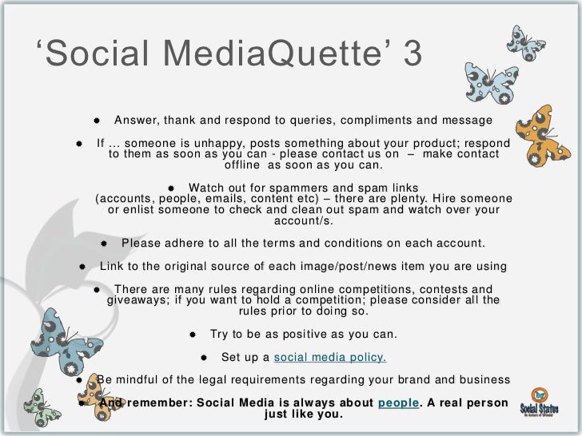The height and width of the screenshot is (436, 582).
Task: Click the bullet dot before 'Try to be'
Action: pos(194,334)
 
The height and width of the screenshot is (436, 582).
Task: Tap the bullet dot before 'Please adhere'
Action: pos(105,243)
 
